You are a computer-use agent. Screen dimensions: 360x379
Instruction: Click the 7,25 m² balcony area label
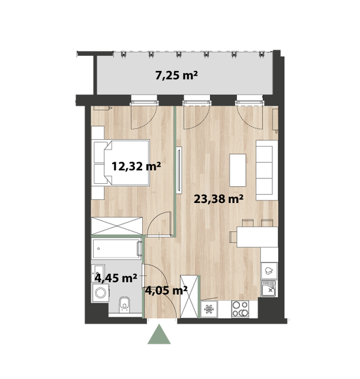176,76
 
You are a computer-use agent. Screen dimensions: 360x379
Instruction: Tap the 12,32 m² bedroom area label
136,166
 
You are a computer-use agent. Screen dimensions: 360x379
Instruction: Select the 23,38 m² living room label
218,199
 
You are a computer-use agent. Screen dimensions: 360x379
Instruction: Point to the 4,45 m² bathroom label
116,278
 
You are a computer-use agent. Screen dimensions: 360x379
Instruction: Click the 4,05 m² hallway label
166,290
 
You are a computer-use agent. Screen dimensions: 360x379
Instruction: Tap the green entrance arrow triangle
159,334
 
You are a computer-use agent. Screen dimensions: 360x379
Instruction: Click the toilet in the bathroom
125,305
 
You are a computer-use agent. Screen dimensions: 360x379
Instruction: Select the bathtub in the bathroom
116,249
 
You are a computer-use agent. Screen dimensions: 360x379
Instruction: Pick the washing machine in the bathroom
100,293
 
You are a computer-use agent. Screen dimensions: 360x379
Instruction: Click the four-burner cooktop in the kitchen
240,309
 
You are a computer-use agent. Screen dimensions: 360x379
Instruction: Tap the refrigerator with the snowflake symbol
209,309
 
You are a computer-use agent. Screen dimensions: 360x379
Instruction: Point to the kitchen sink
269,288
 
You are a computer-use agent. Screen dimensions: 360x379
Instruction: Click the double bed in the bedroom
121,163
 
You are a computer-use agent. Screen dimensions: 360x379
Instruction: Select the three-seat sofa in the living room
267,170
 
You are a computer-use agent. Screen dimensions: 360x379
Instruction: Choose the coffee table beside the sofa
238,170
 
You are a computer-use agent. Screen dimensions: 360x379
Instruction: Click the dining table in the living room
257,237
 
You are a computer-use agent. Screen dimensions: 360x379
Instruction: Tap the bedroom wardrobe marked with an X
117,226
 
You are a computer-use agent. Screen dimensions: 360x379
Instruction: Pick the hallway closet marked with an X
189,296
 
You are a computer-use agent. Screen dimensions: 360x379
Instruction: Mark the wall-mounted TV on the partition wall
179,170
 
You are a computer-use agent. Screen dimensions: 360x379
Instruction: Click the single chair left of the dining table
233,237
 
